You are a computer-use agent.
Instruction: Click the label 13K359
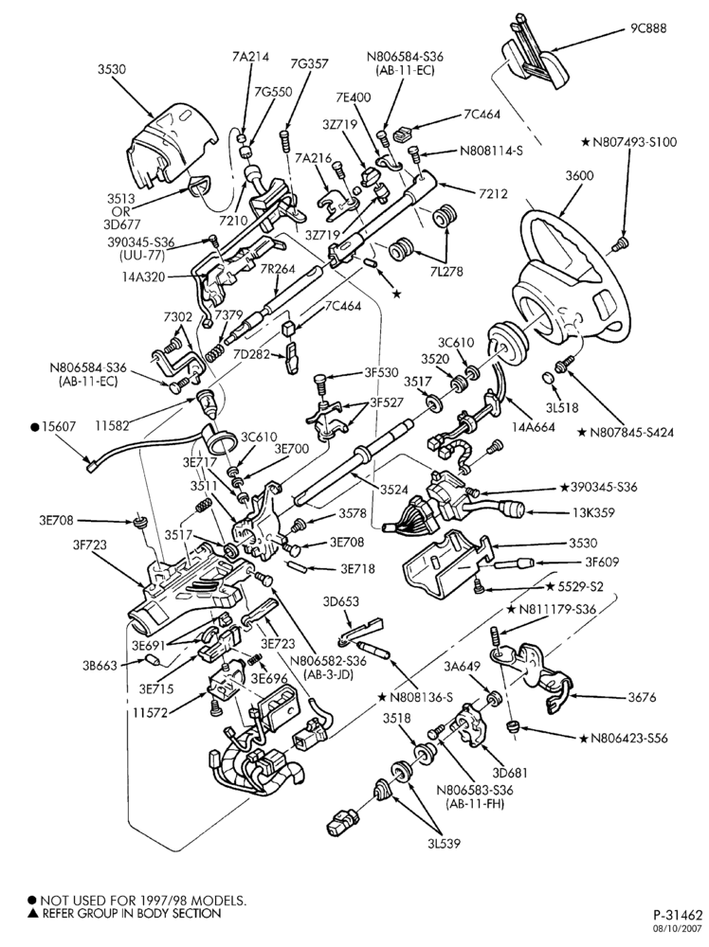[x=593, y=512]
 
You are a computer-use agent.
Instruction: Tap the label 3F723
[x=89, y=545]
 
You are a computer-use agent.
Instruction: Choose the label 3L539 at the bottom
[x=442, y=843]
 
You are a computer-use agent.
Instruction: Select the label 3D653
[x=341, y=602]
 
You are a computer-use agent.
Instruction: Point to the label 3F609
[x=601, y=563]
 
